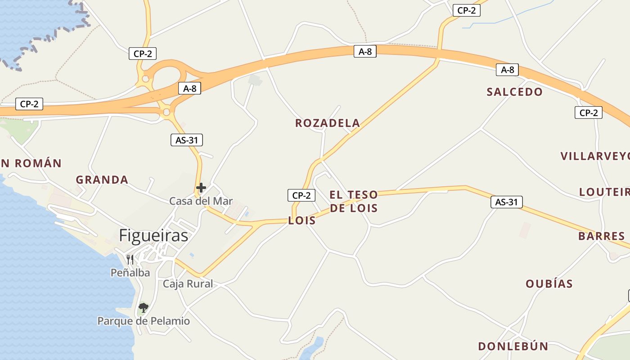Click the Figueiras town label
click(153, 235)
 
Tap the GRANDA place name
click(102, 180)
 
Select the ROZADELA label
click(328, 123)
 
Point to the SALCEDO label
click(515, 92)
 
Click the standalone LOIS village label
click(302, 221)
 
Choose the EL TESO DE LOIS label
click(354, 201)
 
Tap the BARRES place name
click(602, 236)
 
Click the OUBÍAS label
click(549, 283)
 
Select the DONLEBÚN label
click(513, 346)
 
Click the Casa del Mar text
click(201, 201)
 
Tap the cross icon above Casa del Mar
click(201, 188)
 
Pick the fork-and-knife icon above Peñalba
click(130, 259)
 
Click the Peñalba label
click(130, 272)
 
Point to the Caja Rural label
click(188, 284)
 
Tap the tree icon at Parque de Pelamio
click(144, 308)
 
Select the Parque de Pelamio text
click(144, 321)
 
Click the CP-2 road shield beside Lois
click(301, 195)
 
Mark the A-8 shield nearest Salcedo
click(508, 70)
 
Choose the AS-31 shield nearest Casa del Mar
click(187, 140)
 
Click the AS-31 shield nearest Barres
click(507, 202)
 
